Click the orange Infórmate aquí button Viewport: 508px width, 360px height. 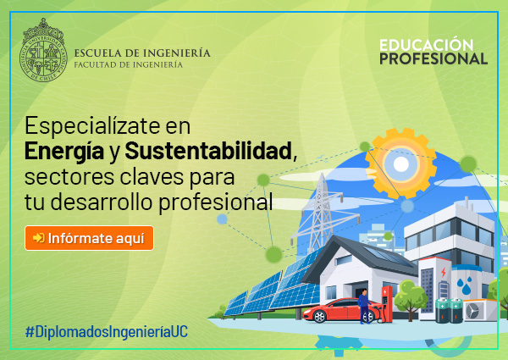[89, 238]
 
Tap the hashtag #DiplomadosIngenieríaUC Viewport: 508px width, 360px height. [107, 332]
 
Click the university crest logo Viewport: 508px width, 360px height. [43, 50]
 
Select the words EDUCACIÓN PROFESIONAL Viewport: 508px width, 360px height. [433, 52]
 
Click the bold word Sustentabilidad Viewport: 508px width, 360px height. [208, 151]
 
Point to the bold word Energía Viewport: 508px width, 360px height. [64, 152]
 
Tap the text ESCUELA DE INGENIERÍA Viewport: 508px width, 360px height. [142, 53]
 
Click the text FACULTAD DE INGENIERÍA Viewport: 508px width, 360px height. [129, 65]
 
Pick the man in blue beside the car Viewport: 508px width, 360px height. [364, 306]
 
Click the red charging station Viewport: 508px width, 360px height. [387, 303]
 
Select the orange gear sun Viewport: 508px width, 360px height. [400, 163]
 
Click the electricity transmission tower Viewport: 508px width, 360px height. [322, 214]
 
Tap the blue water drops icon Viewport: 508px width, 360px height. [464, 285]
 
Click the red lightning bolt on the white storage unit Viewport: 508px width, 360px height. [444, 273]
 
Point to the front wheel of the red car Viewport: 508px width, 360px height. [319, 317]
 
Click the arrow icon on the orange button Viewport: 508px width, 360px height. [39, 238]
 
